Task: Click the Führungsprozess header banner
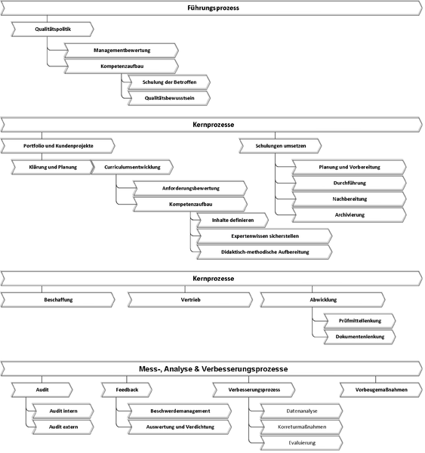point(211,8)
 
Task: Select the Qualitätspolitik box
point(53,29)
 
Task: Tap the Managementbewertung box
point(122,51)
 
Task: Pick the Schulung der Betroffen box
point(169,82)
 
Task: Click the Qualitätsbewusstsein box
point(169,98)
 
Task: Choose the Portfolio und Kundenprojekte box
point(58,146)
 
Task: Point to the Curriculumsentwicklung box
point(132,167)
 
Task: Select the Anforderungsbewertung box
point(190,188)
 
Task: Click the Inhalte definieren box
point(233,220)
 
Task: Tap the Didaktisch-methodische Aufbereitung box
point(264,252)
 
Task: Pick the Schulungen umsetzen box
point(280,146)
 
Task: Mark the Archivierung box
point(350,215)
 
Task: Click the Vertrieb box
point(190,300)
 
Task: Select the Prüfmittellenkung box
point(360,321)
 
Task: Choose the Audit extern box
point(63,427)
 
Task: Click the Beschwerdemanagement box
point(180,411)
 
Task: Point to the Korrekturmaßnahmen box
point(302,427)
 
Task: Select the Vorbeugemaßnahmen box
point(381,390)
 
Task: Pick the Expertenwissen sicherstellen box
point(264,236)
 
